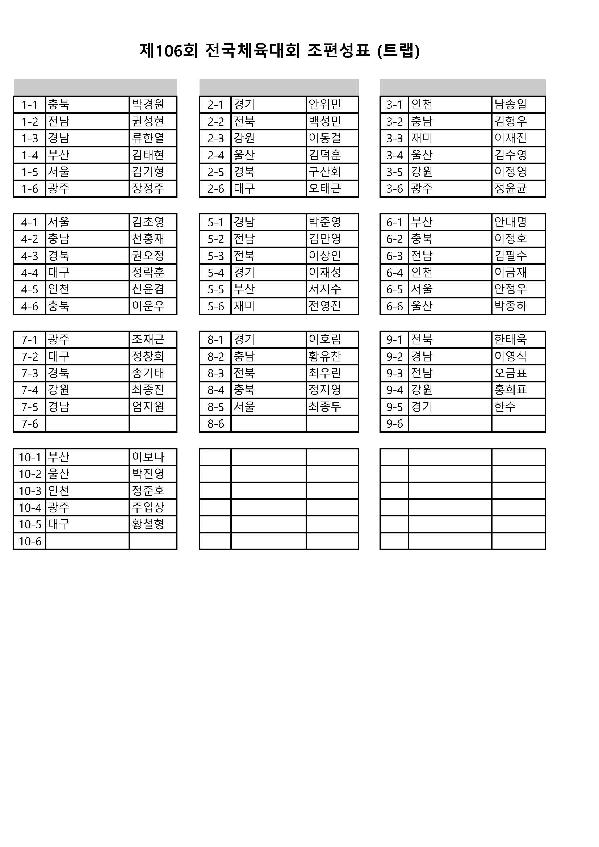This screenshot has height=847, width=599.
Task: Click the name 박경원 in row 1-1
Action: pyautogui.click(x=148, y=104)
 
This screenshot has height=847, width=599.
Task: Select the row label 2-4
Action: pyautogui.click(x=215, y=155)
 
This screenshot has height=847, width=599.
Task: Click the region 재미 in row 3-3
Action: pyautogui.click(x=422, y=138)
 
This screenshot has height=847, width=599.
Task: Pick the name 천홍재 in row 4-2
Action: pyautogui.click(x=148, y=239)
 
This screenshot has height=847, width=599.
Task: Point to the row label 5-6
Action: pyautogui.click(x=215, y=306)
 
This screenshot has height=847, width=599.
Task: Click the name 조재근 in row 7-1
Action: pyautogui.click(x=148, y=339)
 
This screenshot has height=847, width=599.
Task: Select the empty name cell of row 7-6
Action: pyautogui.click(x=153, y=424)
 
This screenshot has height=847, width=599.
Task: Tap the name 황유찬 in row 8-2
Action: pyautogui.click(x=324, y=356)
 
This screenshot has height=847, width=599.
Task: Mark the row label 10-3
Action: pyautogui.click(x=30, y=491)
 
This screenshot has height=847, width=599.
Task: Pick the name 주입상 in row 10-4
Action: pyautogui.click(x=148, y=508)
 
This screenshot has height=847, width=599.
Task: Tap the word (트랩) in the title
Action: pyautogui.click(x=399, y=51)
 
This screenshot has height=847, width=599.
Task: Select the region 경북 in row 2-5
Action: pyautogui.click(x=244, y=172)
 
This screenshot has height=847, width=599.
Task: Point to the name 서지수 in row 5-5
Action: pyautogui.click(x=324, y=289)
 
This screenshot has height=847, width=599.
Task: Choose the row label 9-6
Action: pyautogui.click(x=394, y=424)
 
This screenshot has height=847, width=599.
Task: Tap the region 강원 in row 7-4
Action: pyautogui.click(x=59, y=390)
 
